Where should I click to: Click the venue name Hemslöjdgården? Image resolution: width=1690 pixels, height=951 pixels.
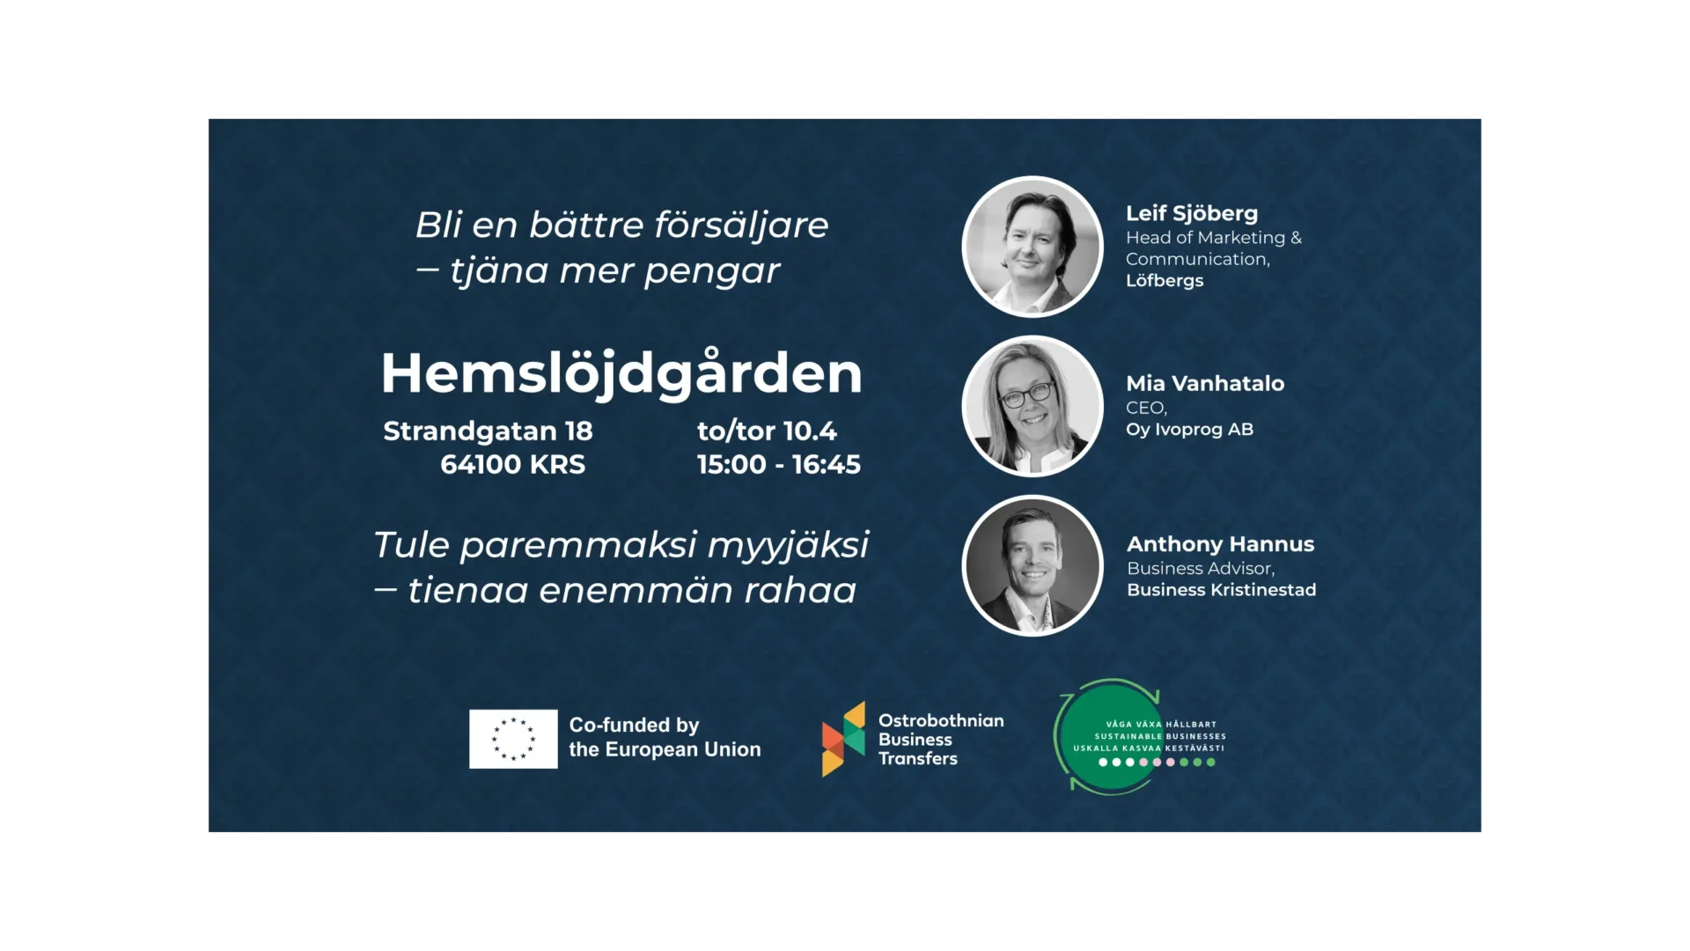click(621, 373)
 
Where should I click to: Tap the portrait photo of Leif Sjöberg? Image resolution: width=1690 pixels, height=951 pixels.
click(1032, 247)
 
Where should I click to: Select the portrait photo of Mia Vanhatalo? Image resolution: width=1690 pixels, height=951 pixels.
click(1032, 406)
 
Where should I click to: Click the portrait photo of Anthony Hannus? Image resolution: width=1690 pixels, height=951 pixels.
click(1032, 565)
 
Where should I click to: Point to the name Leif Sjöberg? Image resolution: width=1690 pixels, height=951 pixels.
click(1192, 214)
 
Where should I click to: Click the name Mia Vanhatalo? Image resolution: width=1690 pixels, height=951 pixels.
click(1205, 383)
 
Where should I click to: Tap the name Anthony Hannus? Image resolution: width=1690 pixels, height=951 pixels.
click(1221, 544)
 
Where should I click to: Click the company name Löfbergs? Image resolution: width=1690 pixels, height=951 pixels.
click(1165, 280)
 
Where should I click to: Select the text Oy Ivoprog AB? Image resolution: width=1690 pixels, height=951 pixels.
click(1189, 430)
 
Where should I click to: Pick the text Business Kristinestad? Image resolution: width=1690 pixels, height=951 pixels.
click(1222, 590)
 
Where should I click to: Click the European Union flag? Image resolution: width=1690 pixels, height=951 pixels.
click(513, 739)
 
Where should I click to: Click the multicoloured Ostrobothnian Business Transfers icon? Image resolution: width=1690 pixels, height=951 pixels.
click(843, 739)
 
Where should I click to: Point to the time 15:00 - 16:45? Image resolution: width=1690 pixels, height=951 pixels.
click(779, 464)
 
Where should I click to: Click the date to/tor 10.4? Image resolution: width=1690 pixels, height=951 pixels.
click(767, 431)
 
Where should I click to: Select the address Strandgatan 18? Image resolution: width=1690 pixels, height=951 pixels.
click(488, 431)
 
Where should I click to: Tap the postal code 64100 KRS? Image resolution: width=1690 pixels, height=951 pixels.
click(512, 464)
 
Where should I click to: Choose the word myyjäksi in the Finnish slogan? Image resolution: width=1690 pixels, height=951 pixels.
click(788, 546)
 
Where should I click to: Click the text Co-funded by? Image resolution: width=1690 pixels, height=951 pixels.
click(634, 726)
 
